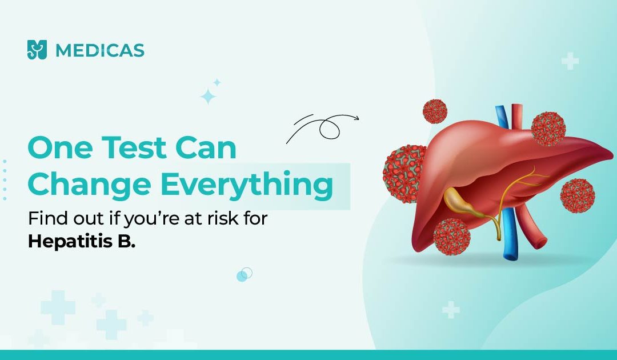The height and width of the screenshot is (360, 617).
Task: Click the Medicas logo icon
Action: pyautogui.click(x=37, y=50)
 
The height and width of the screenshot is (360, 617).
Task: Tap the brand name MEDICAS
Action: pyautogui.click(x=100, y=50)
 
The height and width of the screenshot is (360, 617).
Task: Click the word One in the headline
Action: pyautogui.click(x=60, y=147)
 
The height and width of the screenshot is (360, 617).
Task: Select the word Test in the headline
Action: pyautogui.click(x=135, y=147)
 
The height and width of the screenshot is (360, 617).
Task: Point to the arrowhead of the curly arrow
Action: pyautogui.click(x=356, y=118)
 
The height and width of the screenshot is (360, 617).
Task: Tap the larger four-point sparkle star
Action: pyautogui.click(x=208, y=97)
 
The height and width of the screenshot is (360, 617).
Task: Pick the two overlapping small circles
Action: pyautogui.click(x=245, y=274)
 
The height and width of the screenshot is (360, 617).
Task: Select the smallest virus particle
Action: pyautogui.click(x=435, y=111)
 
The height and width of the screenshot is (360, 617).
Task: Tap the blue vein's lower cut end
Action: pyautogui.click(x=511, y=256)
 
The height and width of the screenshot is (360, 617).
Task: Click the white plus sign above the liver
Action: pyautogui.click(x=570, y=61)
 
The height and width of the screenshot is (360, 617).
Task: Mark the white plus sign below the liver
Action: pyautogui.click(x=451, y=310)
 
